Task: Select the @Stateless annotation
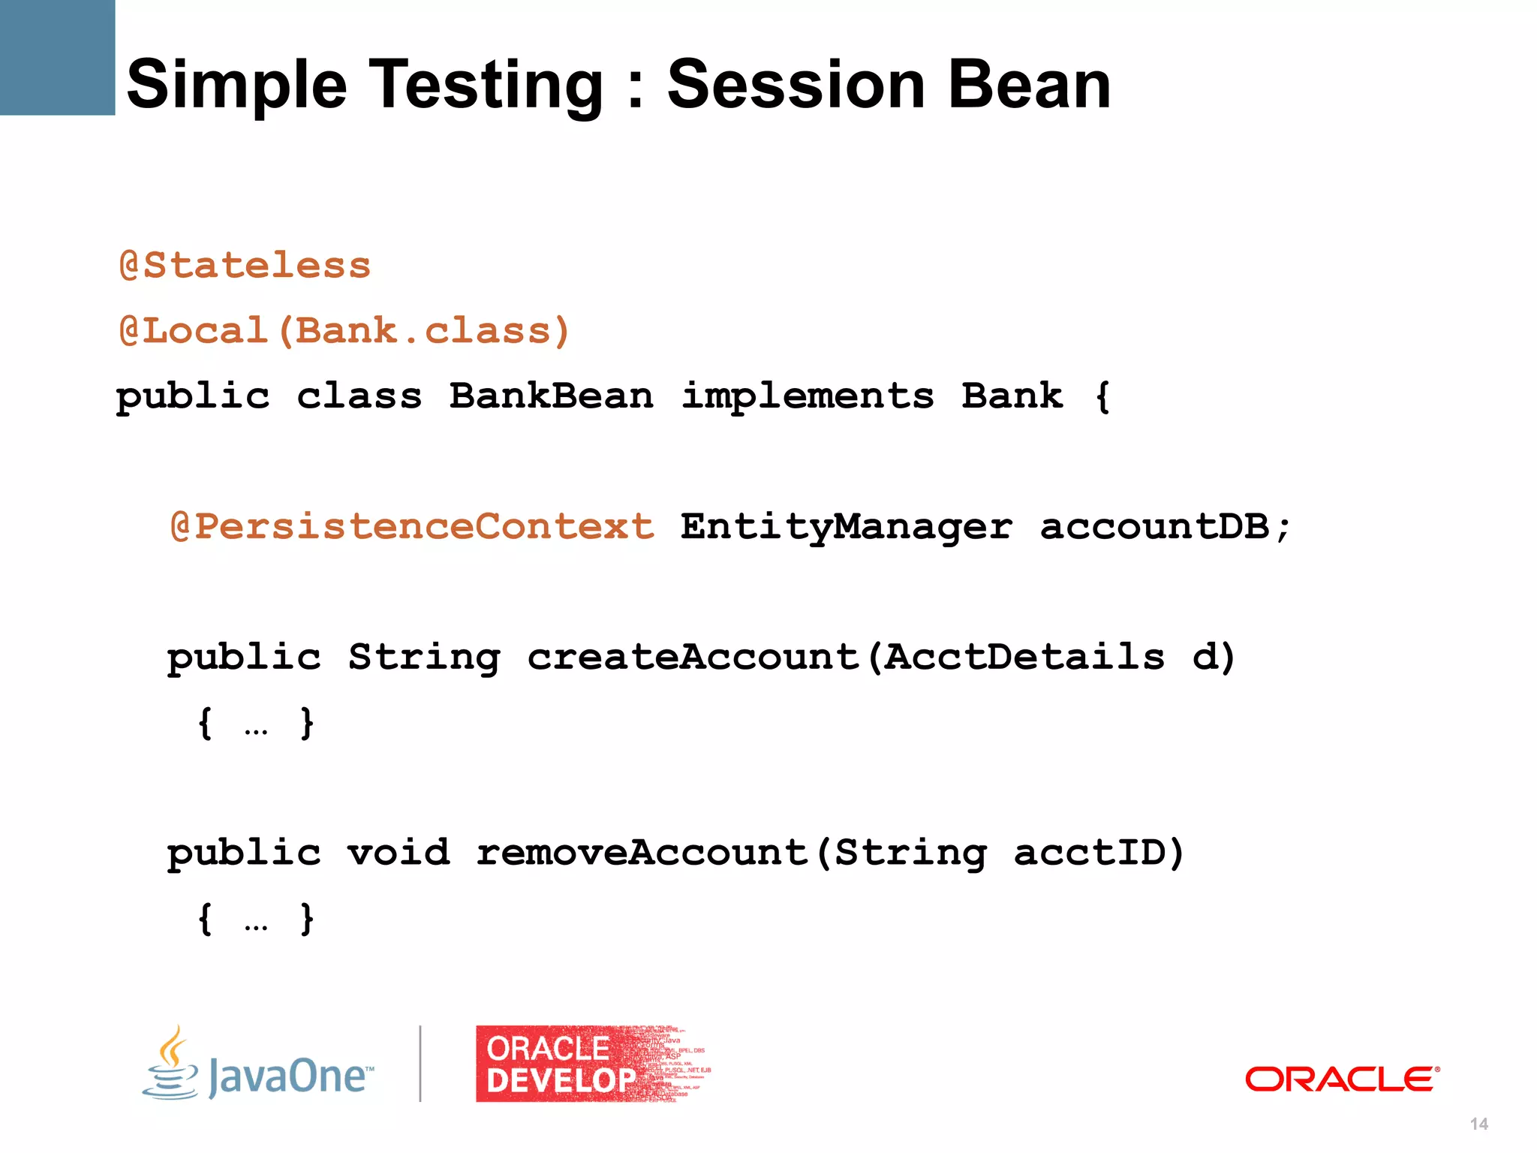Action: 245,266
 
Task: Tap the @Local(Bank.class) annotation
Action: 344,331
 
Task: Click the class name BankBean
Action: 551,396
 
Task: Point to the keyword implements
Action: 808,396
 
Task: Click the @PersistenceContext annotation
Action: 412,526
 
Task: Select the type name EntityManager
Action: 847,526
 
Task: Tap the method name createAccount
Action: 692,657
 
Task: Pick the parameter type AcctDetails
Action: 1024,657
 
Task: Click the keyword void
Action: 398,853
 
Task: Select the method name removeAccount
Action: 642,853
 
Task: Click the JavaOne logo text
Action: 289,1076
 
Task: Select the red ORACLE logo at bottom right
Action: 1342,1079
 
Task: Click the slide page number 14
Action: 1478,1124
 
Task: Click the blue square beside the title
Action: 57,57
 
